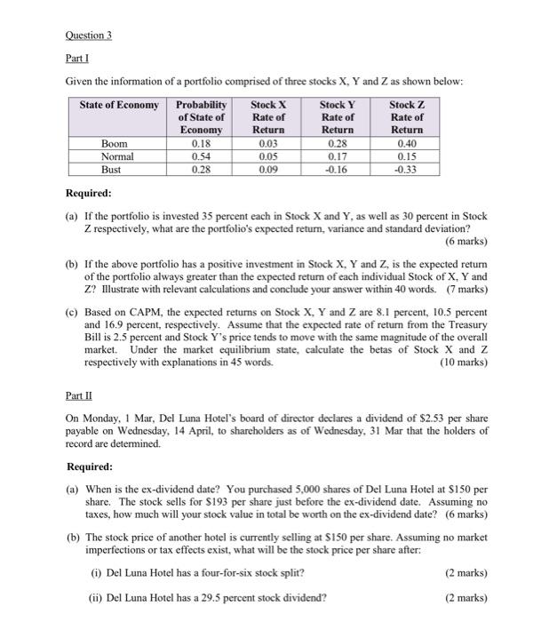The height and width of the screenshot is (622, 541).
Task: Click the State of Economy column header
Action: (x=120, y=105)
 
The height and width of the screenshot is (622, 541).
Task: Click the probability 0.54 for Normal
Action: (x=201, y=156)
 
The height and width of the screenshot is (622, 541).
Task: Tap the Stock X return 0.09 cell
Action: (x=267, y=169)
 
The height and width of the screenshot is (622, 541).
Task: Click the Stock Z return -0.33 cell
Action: (x=407, y=169)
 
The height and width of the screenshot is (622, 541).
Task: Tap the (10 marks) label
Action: (x=461, y=363)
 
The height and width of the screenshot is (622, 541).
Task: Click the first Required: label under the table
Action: (x=90, y=192)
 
